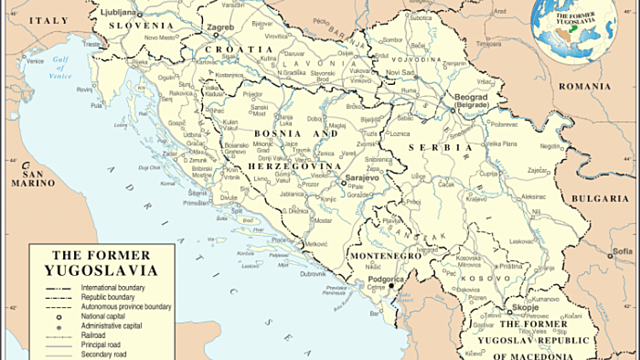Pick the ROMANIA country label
[585, 87]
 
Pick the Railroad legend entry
[106, 333]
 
